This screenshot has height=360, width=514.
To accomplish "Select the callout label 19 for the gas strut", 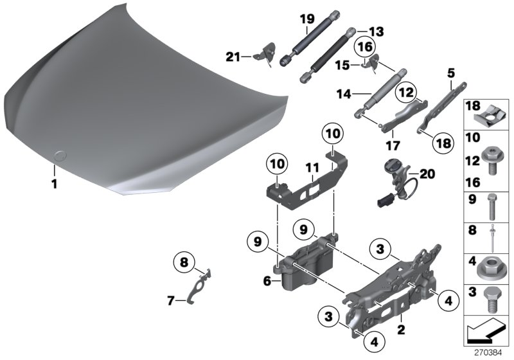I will [x=306, y=19].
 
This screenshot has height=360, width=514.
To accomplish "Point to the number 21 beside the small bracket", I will [x=233, y=57].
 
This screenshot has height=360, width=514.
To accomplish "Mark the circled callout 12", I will [x=404, y=93].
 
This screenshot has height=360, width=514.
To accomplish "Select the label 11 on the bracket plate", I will [x=312, y=170].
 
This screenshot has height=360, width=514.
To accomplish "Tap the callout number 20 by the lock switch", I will [x=425, y=174].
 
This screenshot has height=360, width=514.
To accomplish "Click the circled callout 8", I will [x=183, y=262].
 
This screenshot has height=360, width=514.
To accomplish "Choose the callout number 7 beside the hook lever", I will [x=170, y=300].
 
